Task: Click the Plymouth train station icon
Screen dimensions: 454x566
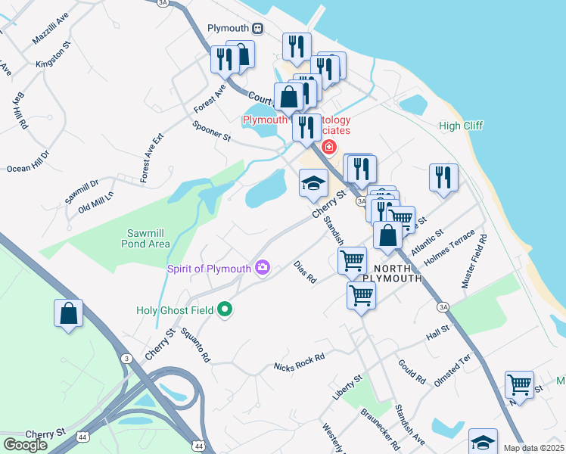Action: pos(258,28)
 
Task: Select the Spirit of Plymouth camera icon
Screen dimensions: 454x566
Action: pos(263,266)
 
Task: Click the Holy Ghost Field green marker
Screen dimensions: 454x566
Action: pos(224,309)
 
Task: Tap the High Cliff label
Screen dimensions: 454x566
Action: pos(461,126)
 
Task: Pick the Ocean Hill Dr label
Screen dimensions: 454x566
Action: pos(28,160)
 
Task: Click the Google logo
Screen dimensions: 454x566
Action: pos(25,445)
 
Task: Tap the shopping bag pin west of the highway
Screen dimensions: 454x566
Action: pos(68,314)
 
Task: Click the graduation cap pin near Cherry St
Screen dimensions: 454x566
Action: pos(313,184)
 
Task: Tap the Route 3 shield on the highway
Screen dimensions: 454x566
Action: pos(126,358)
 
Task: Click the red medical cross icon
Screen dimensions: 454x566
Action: pos(328,146)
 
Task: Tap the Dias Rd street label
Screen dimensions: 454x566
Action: pos(304,273)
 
